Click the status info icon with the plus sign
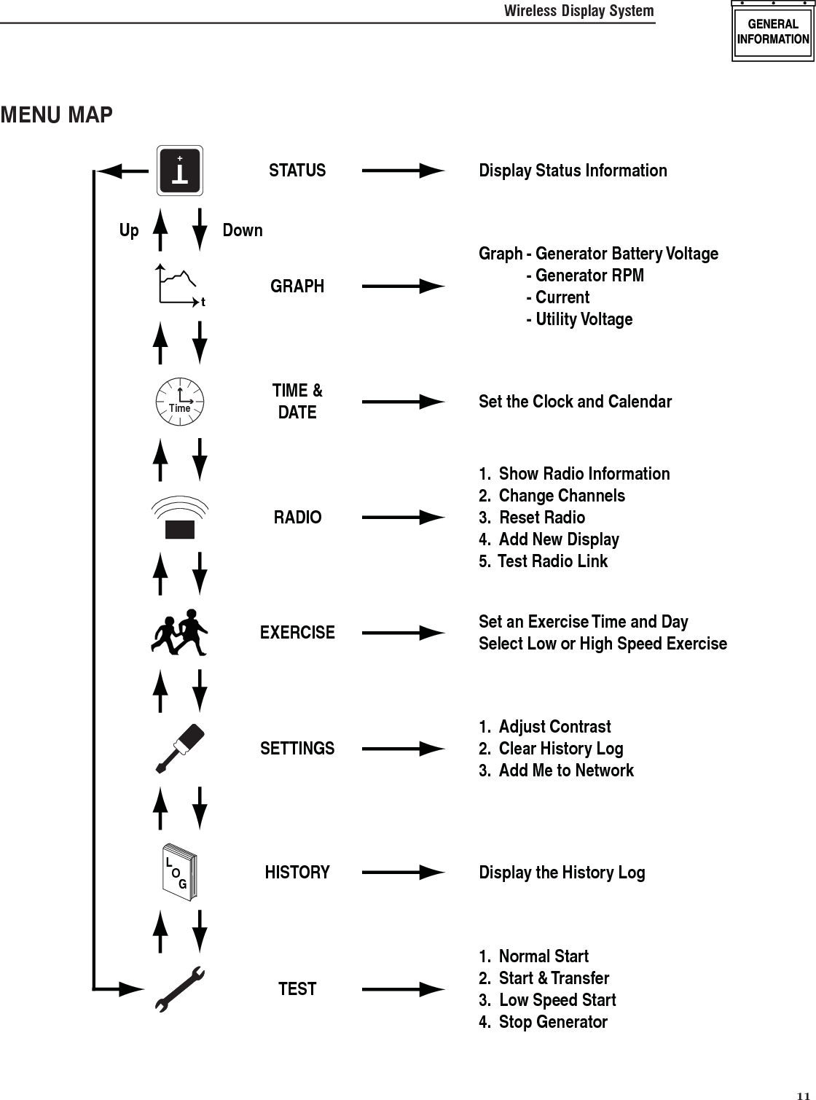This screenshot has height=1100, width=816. click(x=180, y=171)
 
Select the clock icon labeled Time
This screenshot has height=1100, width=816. click(x=180, y=401)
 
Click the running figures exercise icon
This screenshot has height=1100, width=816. click(x=180, y=632)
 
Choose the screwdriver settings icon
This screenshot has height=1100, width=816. click(x=180, y=748)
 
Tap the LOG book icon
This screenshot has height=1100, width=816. click(x=179, y=873)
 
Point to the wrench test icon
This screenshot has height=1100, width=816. click(x=180, y=989)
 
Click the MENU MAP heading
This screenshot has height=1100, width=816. click(x=57, y=115)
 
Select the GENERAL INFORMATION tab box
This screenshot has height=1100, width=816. click(x=773, y=33)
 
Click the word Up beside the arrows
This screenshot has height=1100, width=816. click(x=129, y=230)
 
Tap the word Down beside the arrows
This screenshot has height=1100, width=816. click(x=243, y=230)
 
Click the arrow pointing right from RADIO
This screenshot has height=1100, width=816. click(x=403, y=518)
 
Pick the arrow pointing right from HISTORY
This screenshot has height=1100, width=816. click(x=403, y=873)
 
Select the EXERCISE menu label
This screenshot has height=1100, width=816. click(x=297, y=632)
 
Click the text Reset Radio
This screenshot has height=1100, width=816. click(x=541, y=518)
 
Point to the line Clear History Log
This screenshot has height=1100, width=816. click(x=560, y=749)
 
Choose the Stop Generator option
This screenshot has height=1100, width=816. click(x=552, y=1022)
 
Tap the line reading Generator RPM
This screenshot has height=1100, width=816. click(x=589, y=276)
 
